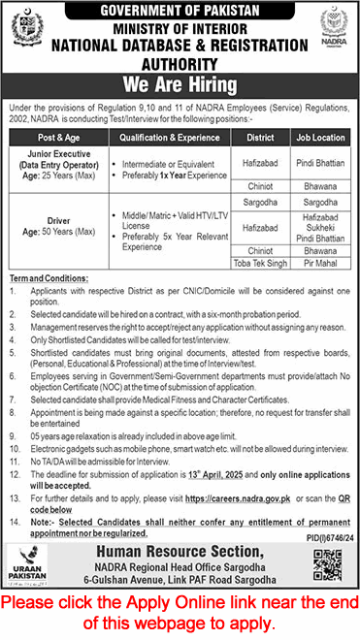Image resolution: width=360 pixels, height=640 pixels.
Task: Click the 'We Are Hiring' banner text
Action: [180, 82]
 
